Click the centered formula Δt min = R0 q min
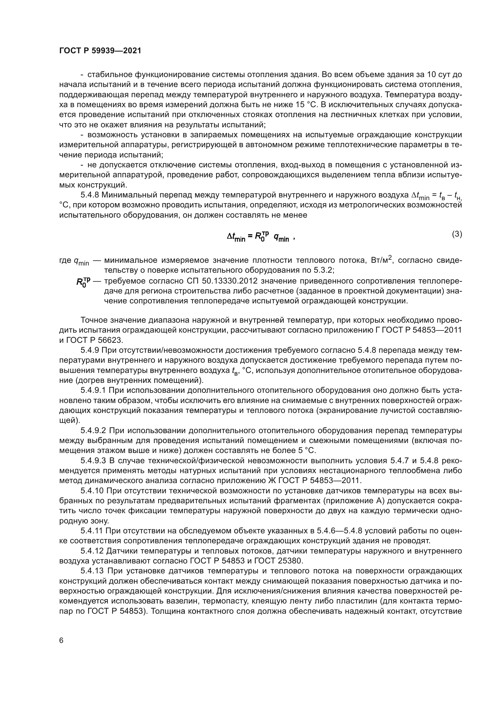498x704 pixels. coord(260,237)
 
